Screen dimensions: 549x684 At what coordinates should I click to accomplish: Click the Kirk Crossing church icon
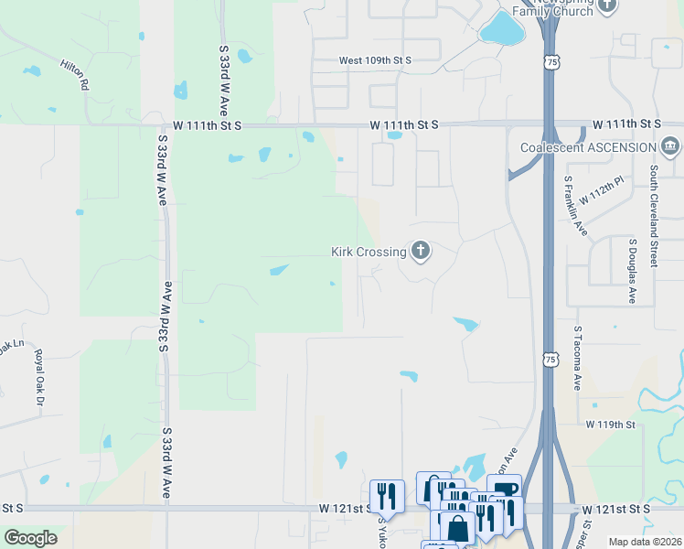coord(420,250)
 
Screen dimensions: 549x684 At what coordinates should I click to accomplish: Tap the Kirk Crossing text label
coord(369,252)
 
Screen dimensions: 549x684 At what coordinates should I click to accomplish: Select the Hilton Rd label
coord(73,74)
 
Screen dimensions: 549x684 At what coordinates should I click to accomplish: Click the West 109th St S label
coord(375,60)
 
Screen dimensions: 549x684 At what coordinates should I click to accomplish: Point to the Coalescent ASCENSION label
coord(587,147)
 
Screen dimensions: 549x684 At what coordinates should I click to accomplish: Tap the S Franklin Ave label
coord(574,206)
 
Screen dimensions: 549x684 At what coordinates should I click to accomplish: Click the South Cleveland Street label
coord(654,216)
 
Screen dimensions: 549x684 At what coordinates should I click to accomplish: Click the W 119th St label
coord(610,425)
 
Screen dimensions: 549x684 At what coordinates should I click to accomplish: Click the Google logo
coord(30,538)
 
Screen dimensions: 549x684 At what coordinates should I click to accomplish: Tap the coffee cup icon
coord(504,488)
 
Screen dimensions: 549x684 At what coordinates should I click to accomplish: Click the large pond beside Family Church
coord(501,29)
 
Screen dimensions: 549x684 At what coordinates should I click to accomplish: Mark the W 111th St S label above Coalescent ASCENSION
coord(626,124)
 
